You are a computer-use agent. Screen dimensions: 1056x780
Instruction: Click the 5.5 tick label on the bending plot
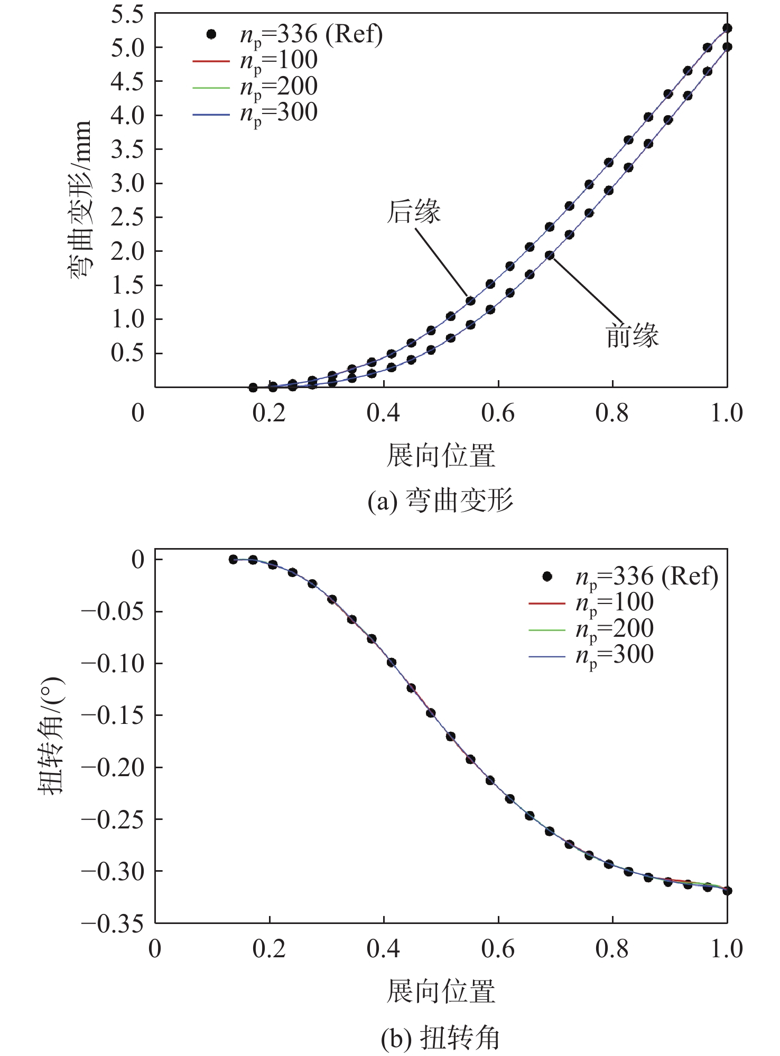pyautogui.click(x=127, y=15)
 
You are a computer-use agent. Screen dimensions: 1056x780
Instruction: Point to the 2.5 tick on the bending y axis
pyautogui.click(x=127, y=218)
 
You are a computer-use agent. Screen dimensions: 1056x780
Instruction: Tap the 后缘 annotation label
pyautogui.click(x=413, y=212)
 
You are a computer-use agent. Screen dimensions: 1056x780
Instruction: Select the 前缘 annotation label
pyautogui.click(x=632, y=336)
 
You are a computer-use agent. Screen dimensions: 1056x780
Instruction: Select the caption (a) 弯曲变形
pyautogui.click(x=440, y=501)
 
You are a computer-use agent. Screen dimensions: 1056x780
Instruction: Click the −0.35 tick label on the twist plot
pyautogui.click(x=113, y=923)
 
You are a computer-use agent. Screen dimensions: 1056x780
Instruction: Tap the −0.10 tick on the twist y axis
pyautogui.click(x=113, y=664)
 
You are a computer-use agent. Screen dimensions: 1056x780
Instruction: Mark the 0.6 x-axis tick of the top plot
pyautogui.click(x=498, y=413)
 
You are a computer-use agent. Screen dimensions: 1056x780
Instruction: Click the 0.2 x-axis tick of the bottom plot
pyautogui.click(x=269, y=949)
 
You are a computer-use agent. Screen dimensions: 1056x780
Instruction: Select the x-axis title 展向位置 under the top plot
pyautogui.click(x=440, y=456)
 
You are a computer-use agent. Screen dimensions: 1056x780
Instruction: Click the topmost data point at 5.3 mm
pyautogui.click(x=727, y=28)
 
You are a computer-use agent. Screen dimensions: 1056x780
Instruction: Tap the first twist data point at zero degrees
pyautogui.click(x=233, y=560)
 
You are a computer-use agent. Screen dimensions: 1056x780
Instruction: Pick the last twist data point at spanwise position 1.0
pyautogui.click(x=727, y=891)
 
